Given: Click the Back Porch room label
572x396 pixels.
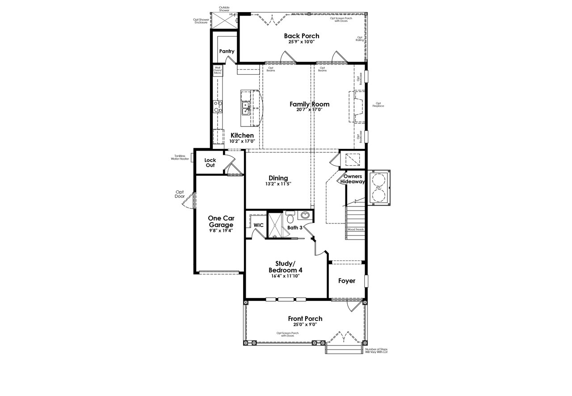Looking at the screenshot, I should coord(302,36).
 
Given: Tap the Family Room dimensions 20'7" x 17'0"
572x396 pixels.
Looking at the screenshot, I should coord(309,110).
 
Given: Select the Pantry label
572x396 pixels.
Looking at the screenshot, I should coord(227,51).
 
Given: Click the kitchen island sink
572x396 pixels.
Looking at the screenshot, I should coord(246,107).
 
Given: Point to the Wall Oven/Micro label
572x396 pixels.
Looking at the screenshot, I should coord(218,70).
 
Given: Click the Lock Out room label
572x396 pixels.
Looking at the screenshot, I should coord(210,163).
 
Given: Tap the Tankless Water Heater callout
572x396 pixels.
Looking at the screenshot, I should coord(180,157).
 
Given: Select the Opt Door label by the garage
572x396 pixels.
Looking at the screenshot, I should coord(180,194).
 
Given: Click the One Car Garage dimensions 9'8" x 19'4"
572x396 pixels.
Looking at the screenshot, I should coord(221,231).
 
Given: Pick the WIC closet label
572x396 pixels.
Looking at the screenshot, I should coord(258,225).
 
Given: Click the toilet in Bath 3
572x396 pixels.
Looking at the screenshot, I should coord(290,218).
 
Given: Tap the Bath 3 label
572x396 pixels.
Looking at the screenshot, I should coord(295,227).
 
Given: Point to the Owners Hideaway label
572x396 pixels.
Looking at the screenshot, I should coord(353,179).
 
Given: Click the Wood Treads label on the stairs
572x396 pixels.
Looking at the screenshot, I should coord(355,229).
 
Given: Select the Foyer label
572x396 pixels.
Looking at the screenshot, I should coord(347,281).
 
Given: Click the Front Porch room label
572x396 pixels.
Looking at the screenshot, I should coord(305,319).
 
